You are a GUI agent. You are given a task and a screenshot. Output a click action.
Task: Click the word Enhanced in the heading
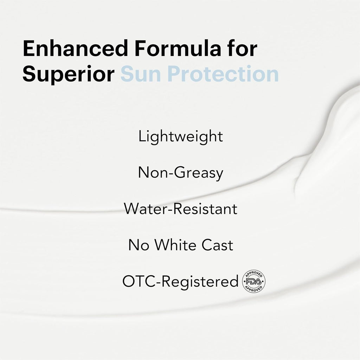click(x=75, y=48)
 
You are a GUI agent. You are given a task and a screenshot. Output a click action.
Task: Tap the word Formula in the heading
click(x=177, y=48)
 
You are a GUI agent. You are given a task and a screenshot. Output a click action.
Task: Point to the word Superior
click(x=69, y=74)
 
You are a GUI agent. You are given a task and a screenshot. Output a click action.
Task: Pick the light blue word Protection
click(x=223, y=74)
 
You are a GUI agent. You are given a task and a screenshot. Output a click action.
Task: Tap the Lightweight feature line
click(x=180, y=137)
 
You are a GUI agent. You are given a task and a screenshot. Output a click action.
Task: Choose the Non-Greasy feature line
click(x=180, y=173)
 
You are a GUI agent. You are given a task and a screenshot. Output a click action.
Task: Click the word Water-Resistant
click(x=180, y=209)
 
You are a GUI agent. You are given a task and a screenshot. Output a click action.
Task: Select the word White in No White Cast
click(x=175, y=245)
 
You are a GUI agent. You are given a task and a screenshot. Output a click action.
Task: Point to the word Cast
click(x=217, y=245)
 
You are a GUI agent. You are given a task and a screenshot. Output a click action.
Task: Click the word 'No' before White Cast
click(x=139, y=245)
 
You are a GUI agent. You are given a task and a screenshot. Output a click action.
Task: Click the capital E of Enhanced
click(x=29, y=48)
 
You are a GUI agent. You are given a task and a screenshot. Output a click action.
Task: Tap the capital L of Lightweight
click(x=142, y=136)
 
